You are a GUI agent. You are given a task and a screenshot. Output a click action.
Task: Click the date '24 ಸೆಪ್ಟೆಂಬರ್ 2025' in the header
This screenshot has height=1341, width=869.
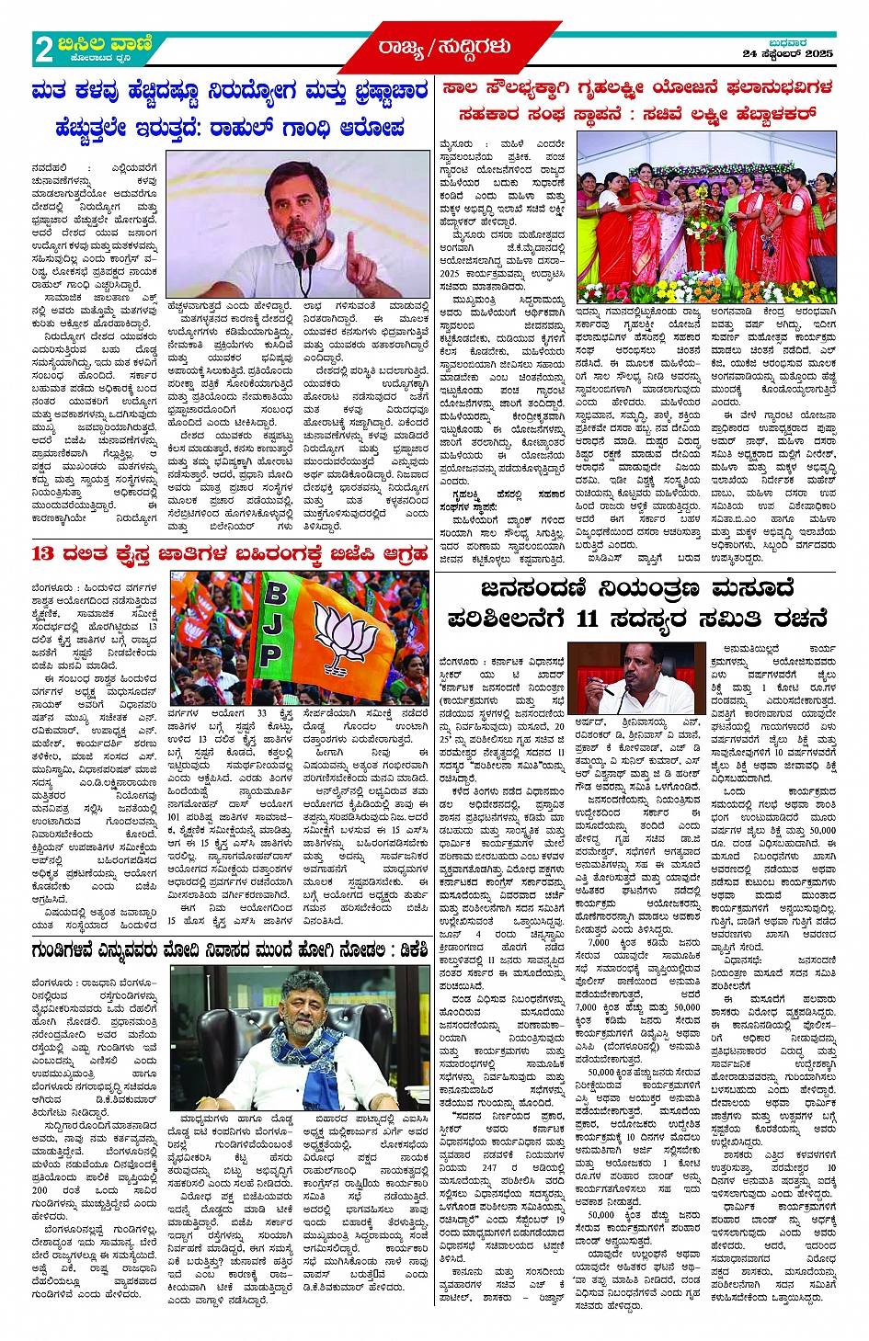pos(787,54)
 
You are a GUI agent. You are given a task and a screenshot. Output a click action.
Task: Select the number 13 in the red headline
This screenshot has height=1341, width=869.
pos(43,553)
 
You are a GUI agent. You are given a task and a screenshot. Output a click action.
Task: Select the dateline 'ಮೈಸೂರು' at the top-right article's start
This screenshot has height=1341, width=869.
pos(456,143)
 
